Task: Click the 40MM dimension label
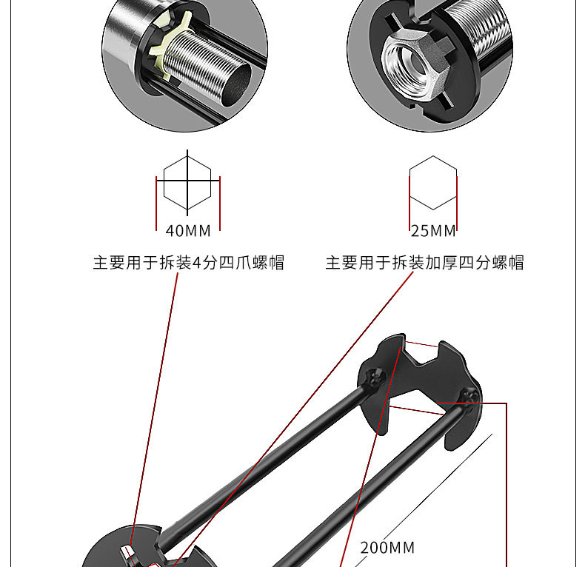tap(188, 231)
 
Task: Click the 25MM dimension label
tap(433, 231)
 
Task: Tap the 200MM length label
tap(387, 548)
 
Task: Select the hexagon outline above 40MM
tap(187, 181)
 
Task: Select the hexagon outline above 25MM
tap(433, 182)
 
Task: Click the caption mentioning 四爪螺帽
tap(188, 263)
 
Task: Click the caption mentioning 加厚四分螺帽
tap(424, 263)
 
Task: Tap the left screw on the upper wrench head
tap(375, 378)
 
